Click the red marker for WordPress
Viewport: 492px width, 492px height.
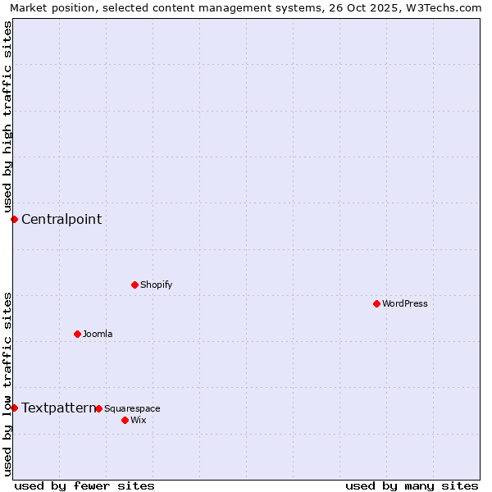pos(376,303)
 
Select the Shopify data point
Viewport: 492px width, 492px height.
pos(134,285)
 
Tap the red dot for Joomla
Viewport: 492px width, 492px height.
pos(77,334)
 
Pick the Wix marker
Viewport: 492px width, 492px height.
pos(125,420)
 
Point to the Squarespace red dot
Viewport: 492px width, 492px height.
pos(98,408)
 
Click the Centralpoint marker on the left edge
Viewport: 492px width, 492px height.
pos(14,219)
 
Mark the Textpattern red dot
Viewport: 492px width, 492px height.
pos(14,408)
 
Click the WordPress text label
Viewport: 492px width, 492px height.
pos(405,303)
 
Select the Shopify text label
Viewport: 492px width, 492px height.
pos(156,285)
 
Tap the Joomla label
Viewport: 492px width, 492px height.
pos(98,334)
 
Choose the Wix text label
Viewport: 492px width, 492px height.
pos(138,420)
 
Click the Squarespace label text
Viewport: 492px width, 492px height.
pos(132,408)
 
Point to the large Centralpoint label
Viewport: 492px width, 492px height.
pos(61,219)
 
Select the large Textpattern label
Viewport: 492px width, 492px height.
pos(58,408)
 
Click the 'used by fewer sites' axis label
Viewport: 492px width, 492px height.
pos(84,485)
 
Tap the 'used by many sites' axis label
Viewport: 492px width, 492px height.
pos(412,485)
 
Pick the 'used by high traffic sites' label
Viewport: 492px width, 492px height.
pos(7,116)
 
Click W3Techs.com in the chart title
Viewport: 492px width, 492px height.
pos(449,7)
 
